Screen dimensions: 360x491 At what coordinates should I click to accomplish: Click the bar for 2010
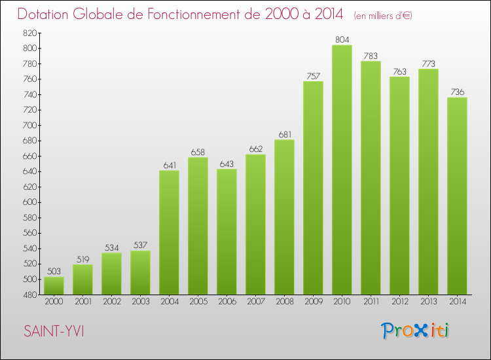pos(342,170)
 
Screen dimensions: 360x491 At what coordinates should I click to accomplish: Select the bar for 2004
pos(169,232)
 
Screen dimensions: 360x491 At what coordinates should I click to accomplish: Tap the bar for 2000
pos(54,286)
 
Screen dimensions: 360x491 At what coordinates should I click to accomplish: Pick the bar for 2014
pos(457,196)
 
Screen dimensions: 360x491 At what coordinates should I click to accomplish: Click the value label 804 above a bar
pos(342,40)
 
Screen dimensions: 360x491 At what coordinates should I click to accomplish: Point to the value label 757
pos(313,76)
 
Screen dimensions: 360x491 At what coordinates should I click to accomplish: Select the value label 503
pos(54,272)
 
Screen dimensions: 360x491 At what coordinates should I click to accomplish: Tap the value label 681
pos(284,135)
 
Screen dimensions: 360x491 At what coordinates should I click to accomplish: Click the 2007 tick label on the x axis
pos(255,302)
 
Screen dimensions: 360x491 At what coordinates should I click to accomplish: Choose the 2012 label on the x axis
pos(399,302)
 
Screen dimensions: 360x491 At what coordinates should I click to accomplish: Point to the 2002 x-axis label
pos(111,302)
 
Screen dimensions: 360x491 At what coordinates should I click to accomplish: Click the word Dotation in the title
pos(46,14)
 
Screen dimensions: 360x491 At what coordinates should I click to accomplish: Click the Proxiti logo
pos(416,331)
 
